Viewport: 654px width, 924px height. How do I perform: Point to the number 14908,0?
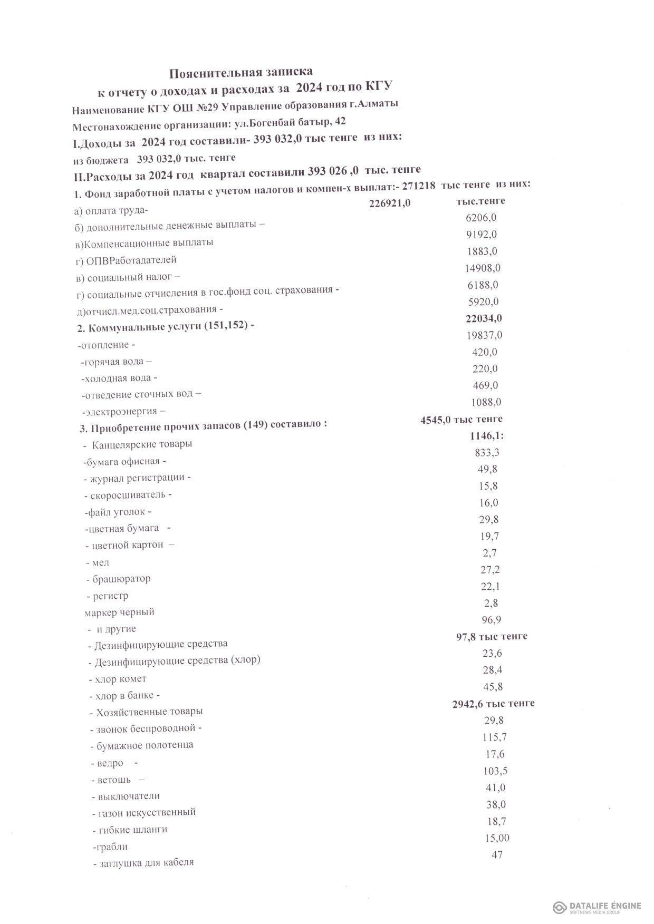483,268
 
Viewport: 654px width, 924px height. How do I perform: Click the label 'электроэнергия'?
123,411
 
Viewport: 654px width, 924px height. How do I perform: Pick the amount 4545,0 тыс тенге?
461,419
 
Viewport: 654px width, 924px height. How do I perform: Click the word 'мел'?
100,562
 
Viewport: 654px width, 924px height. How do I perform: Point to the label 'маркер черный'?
119,612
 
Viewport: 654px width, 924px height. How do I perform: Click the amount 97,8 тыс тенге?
492,636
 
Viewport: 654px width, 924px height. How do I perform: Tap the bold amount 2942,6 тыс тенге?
493,703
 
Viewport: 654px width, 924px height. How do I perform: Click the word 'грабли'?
110,847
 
